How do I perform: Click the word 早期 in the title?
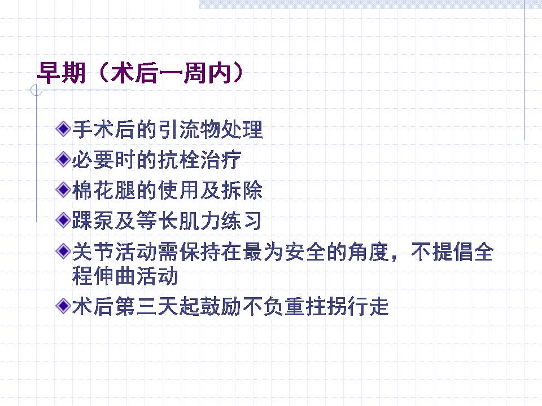61,73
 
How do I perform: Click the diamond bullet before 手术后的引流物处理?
63,129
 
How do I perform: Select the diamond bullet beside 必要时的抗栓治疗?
63,159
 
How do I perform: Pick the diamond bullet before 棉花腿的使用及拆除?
63,189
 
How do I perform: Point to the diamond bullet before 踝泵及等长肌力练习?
63,220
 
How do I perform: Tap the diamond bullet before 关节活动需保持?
63,251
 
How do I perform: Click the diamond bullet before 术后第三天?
63,306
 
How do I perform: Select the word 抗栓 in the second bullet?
178,160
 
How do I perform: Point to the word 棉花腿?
104,190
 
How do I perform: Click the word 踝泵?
93,220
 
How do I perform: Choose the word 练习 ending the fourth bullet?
241,220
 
